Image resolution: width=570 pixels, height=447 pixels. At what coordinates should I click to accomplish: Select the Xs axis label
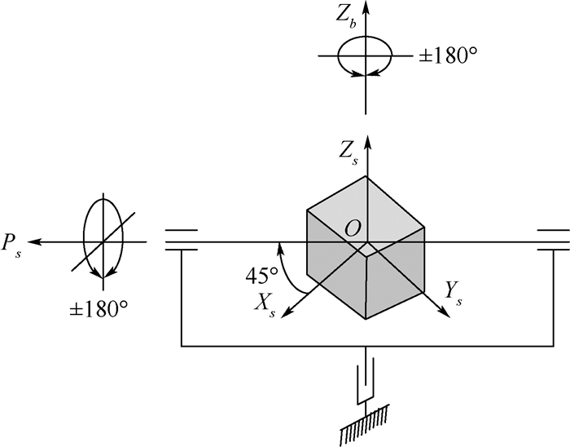tap(265, 305)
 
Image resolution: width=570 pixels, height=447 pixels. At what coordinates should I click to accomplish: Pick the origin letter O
tap(353, 229)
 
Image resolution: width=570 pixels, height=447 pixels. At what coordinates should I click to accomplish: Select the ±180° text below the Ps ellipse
tap(99, 309)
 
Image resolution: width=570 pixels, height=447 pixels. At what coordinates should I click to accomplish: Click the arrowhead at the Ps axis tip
tap(33, 241)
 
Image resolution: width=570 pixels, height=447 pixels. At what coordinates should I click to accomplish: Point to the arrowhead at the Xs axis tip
tap(287, 312)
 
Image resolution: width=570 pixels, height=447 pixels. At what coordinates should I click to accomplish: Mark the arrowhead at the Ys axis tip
tap(445, 312)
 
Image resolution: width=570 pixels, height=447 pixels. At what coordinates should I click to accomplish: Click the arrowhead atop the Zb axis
tap(366, 7)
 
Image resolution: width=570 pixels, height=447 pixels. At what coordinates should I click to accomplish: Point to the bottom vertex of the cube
tap(366, 319)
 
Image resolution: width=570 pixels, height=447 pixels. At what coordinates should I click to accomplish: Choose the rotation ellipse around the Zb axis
tap(365, 36)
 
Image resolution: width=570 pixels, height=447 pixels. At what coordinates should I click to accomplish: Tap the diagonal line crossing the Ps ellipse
tap(103, 241)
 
